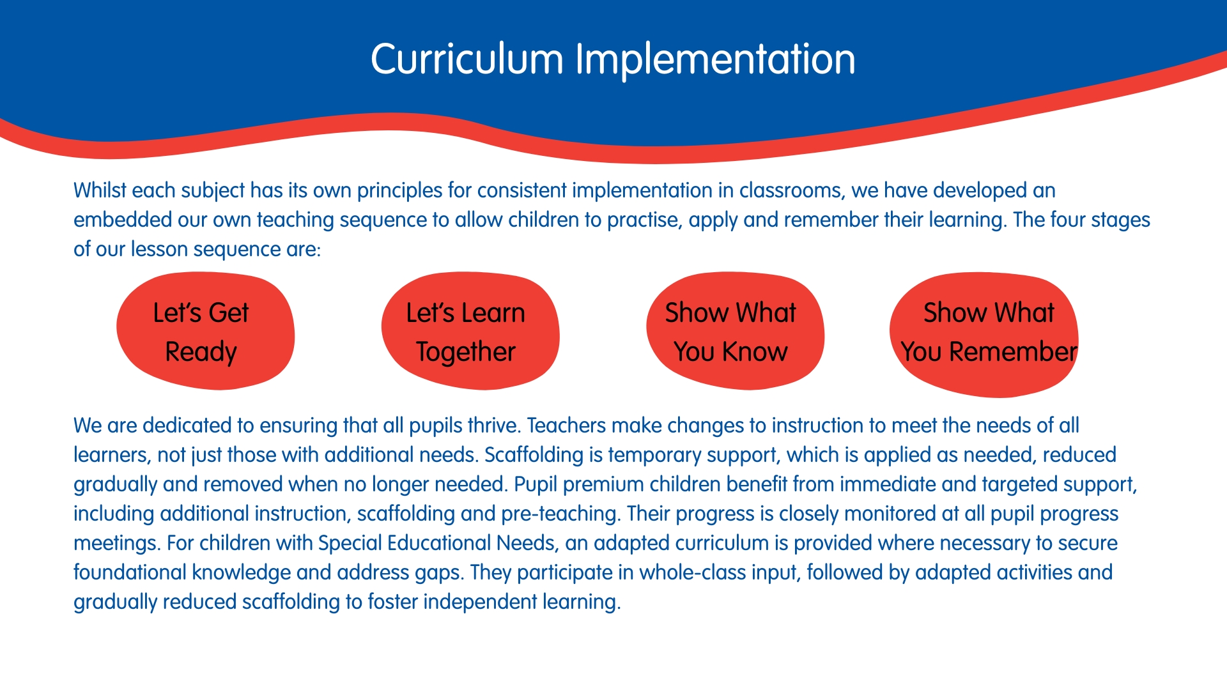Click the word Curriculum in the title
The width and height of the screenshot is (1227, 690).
(467, 59)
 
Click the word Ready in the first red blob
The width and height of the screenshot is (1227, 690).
(201, 353)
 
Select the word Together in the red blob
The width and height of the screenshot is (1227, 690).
(466, 353)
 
